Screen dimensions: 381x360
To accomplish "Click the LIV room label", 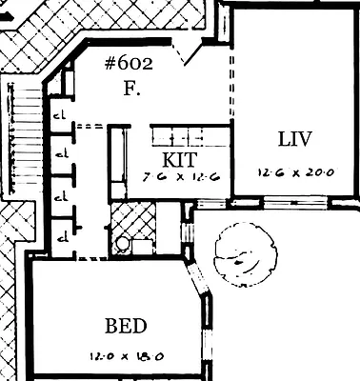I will click(294, 139).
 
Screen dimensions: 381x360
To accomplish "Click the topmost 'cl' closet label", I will click(59, 115).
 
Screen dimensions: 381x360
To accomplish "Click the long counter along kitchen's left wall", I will click(118, 162).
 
